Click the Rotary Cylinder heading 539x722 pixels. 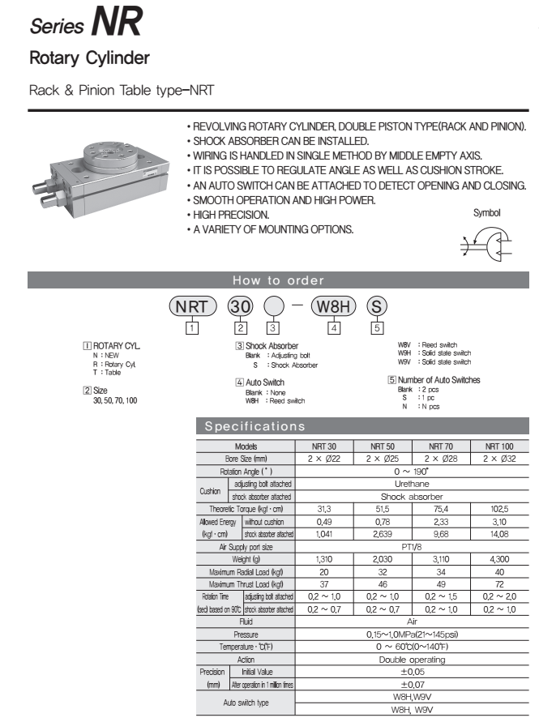[x=89, y=59]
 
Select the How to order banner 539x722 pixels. [x=278, y=280]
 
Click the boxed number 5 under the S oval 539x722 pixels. [x=377, y=327]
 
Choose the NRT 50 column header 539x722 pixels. [x=383, y=446]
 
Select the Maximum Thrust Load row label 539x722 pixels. [x=246, y=583]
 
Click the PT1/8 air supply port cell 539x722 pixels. [x=412, y=547]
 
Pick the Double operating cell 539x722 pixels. [x=412, y=660]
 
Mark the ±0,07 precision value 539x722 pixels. [x=412, y=685]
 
